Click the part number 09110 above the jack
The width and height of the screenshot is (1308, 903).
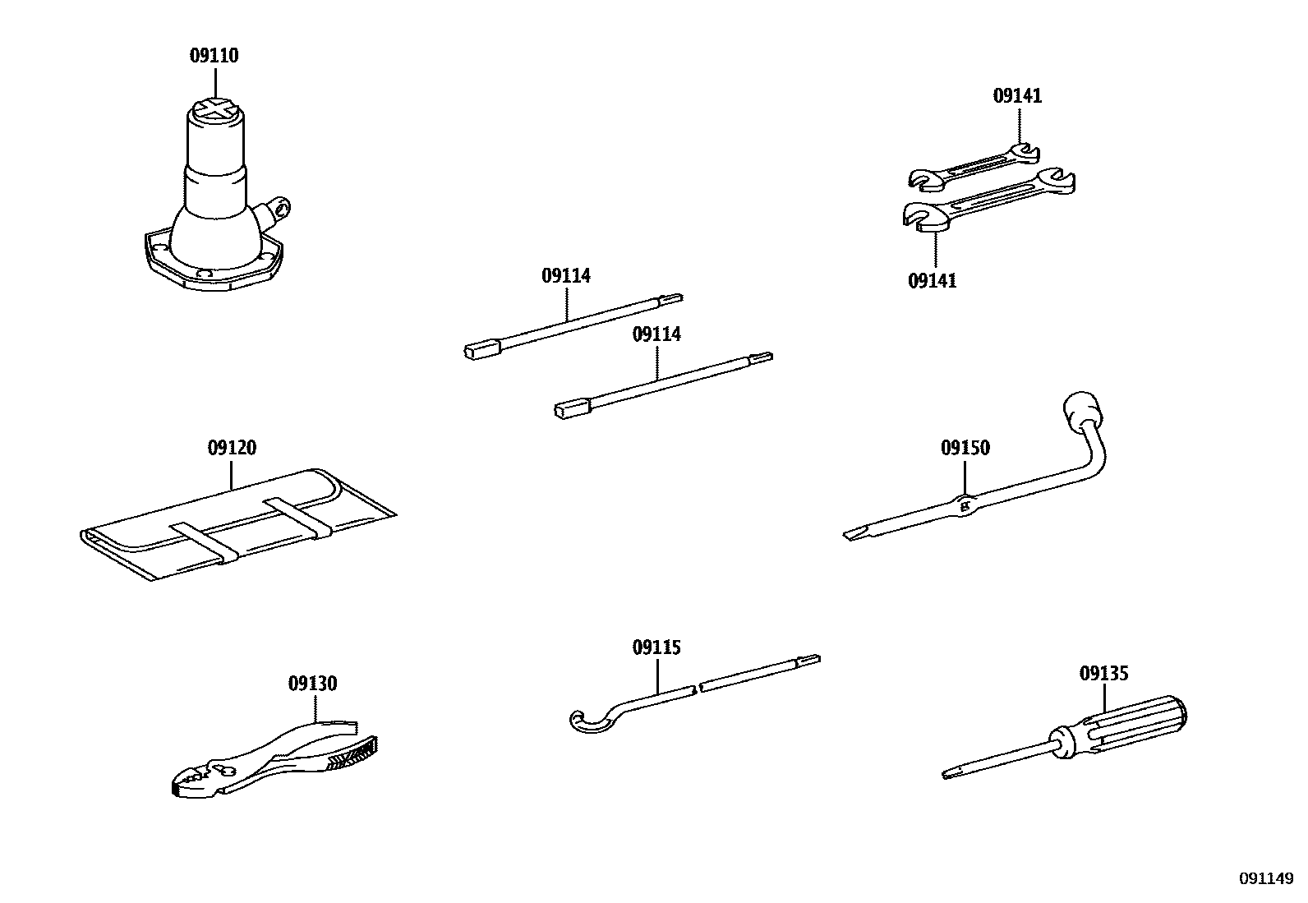point(214,56)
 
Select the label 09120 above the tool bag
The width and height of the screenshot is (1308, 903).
point(232,449)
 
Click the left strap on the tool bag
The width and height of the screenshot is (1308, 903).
point(203,543)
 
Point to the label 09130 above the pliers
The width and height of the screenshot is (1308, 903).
point(312,684)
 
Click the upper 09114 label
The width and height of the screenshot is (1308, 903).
point(566,276)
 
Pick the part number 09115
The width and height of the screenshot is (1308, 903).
point(656,648)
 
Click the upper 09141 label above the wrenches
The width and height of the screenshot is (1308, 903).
point(1017,96)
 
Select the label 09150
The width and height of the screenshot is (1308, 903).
point(965,449)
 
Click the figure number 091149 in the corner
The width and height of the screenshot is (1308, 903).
point(1266,878)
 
